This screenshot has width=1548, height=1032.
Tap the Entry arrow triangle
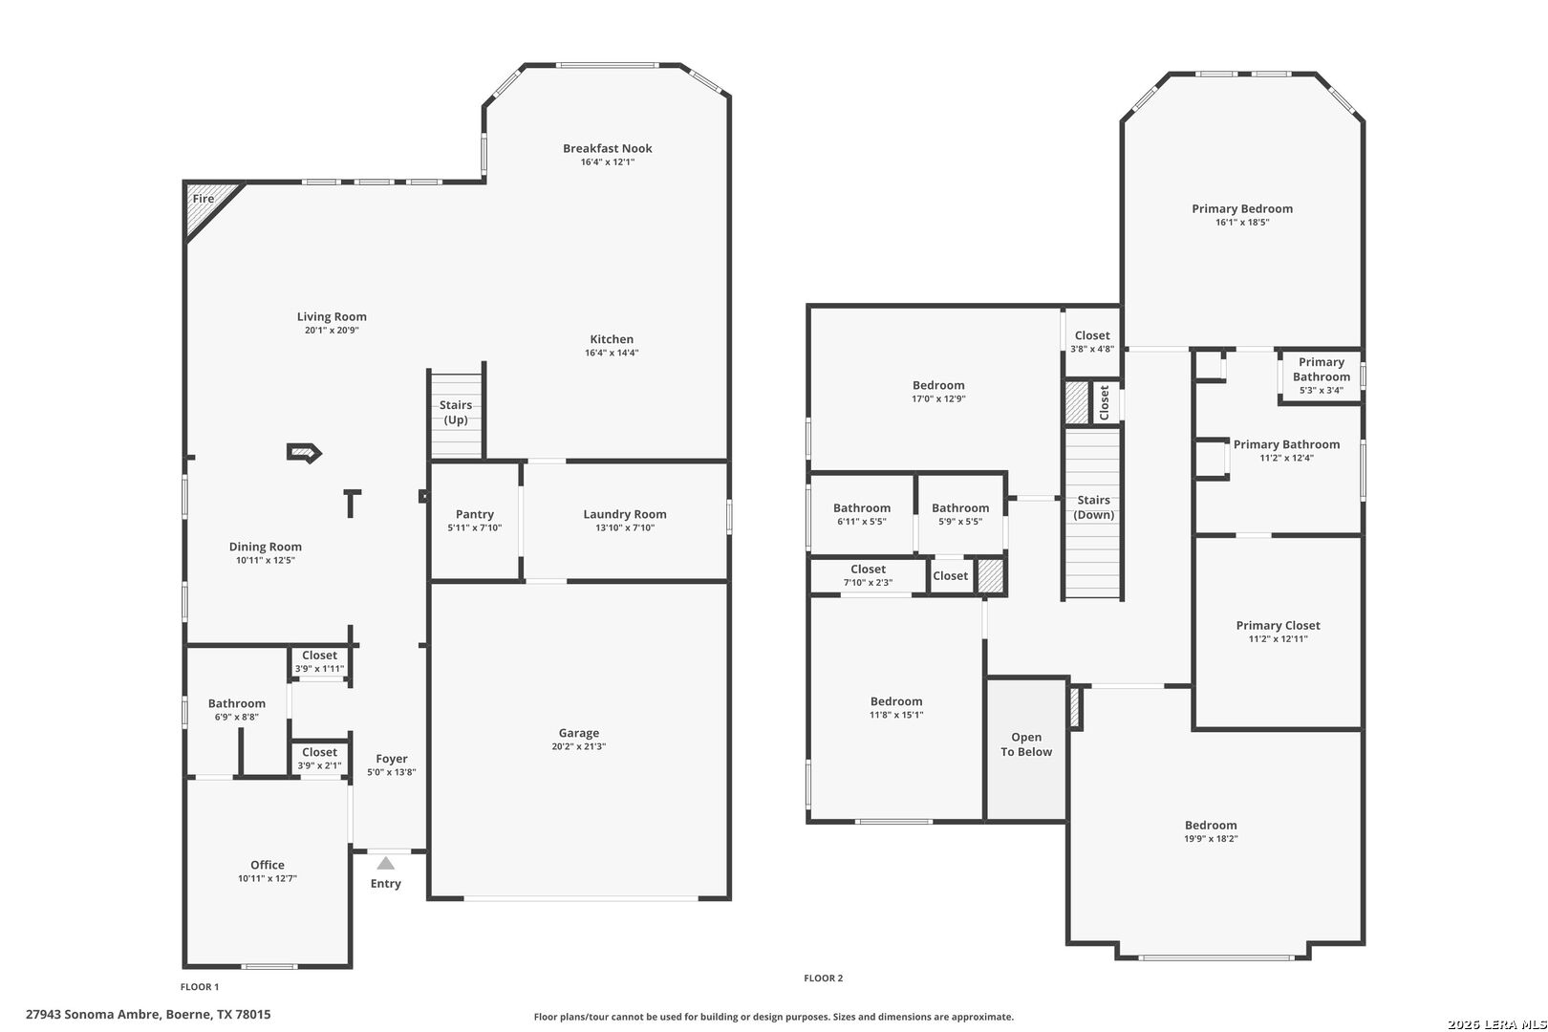386,863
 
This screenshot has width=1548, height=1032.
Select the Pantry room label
475,514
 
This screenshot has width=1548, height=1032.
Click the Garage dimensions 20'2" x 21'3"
579,746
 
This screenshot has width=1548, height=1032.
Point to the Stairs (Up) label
456,412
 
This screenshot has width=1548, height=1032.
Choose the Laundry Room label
625,514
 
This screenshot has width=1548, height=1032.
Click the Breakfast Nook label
608,148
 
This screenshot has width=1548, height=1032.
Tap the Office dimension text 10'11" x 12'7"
268,878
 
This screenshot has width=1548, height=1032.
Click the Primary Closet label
1278,626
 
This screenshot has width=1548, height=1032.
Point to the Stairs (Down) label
1093,507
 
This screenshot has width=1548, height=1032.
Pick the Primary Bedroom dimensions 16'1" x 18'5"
1242,223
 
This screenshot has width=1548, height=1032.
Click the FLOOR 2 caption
823,978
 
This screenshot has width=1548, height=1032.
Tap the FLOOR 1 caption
200,987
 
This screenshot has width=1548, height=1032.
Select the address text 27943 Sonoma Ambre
94,1015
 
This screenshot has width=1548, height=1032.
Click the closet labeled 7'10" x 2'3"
868,576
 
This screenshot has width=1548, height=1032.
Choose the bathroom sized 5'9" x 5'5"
960,514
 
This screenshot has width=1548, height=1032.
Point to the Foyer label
392,759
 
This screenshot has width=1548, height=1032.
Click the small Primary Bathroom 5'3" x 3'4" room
1321,376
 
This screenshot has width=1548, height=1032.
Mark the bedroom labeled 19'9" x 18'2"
1211,830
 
